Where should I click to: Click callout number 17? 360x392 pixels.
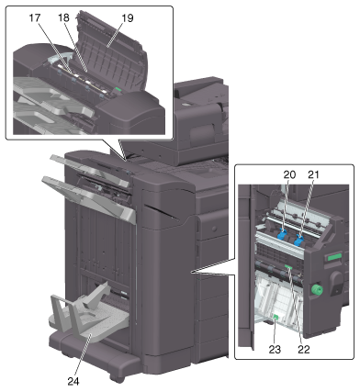(35, 18)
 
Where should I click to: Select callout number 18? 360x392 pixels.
(63, 18)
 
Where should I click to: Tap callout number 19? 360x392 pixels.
(128, 18)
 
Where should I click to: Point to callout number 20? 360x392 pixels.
(289, 175)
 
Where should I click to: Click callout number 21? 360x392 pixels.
(313, 174)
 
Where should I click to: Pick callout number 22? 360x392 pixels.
(304, 349)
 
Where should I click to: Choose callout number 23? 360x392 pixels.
(275, 349)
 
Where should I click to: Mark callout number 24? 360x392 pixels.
(73, 381)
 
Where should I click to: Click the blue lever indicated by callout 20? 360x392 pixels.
(282, 234)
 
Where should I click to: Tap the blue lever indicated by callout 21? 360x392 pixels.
(299, 240)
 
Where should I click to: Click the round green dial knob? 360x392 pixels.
(316, 289)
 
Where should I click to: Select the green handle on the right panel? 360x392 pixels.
(334, 257)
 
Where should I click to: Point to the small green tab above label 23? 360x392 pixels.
(275, 319)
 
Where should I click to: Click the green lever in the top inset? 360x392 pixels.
(118, 89)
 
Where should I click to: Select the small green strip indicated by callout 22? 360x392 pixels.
(288, 267)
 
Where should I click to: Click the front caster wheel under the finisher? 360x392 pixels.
(115, 378)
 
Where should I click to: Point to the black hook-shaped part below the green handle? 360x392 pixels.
(336, 284)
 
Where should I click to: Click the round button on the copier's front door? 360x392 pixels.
(214, 229)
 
